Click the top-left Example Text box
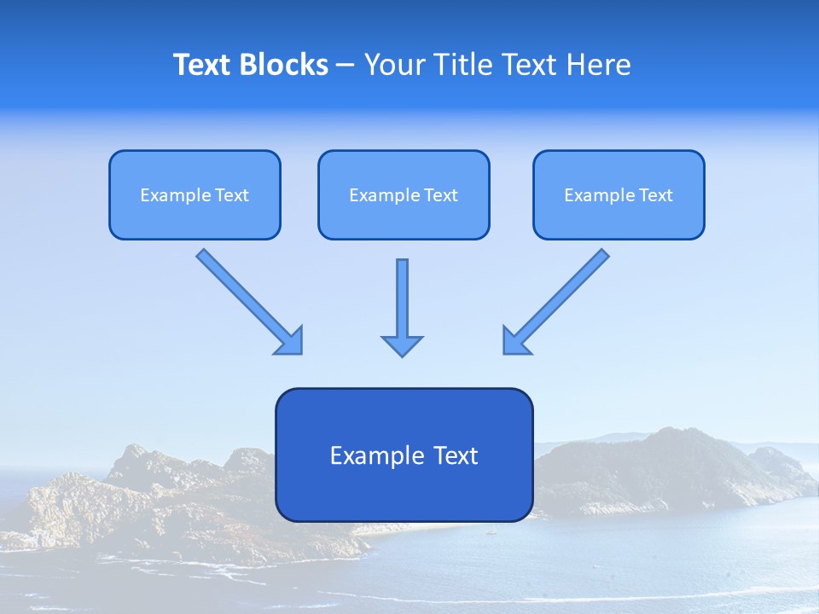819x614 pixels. click(x=195, y=194)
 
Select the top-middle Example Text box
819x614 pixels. click(x=404, y=194)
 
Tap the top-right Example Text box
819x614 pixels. click(x=619, y=194)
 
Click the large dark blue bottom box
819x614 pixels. click(x=404, y=455)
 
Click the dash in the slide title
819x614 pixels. click(x=346, y=65)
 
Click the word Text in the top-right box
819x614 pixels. click(x=655, y=195)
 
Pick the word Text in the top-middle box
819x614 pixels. click(x=440, y=195)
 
